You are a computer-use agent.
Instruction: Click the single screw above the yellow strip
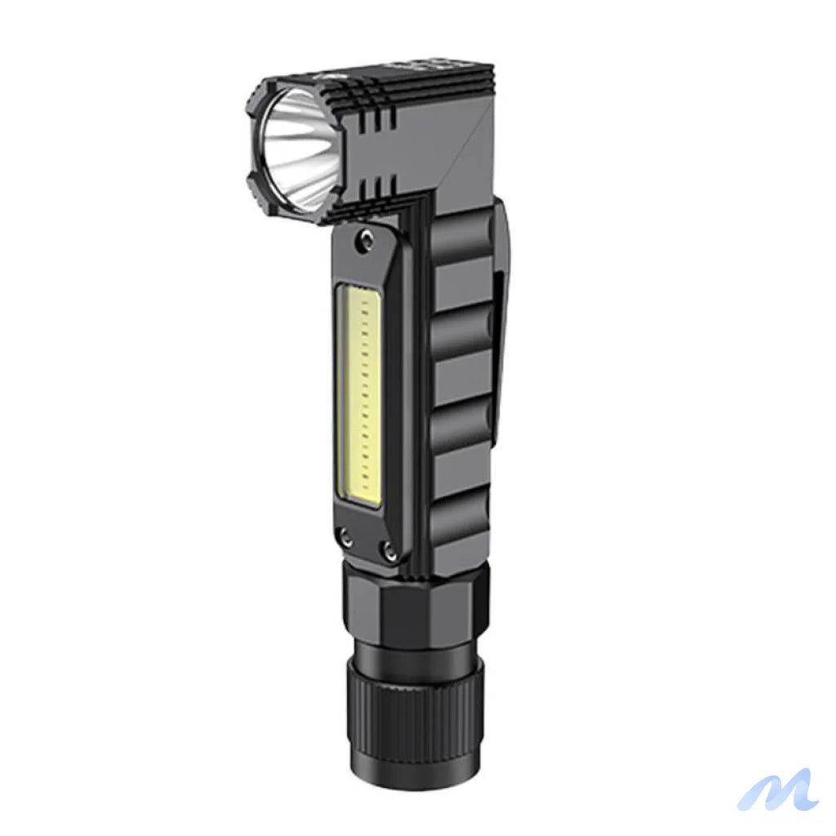point(363,241)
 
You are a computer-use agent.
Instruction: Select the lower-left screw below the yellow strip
point(348,536)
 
